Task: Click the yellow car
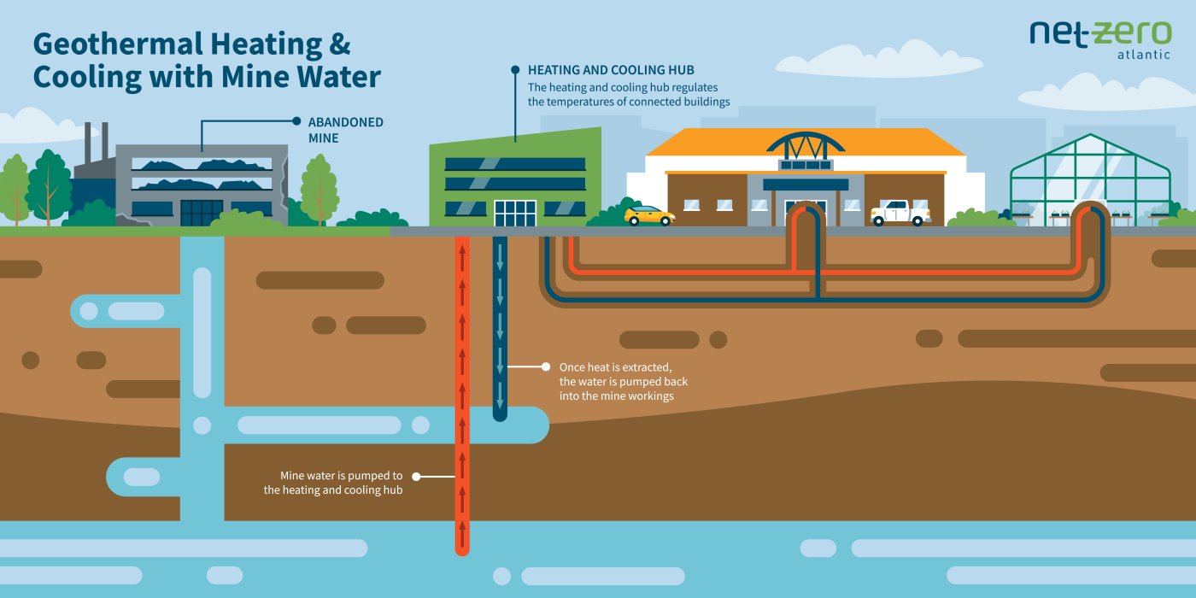pos(649,215)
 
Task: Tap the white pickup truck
pos(900,213)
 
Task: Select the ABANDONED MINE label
pos(345,130)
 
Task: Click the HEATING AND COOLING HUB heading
pos(611,69)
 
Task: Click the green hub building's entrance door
pos(514,214)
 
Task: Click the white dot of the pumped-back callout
pos(545,366)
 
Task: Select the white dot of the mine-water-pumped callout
pos(417,476)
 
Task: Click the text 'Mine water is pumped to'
pos(341,476)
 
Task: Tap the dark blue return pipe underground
pos(501,325)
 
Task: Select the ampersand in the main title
pos(337,44)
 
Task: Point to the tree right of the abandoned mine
pos(319,184)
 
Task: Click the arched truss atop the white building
pos(805,144)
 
